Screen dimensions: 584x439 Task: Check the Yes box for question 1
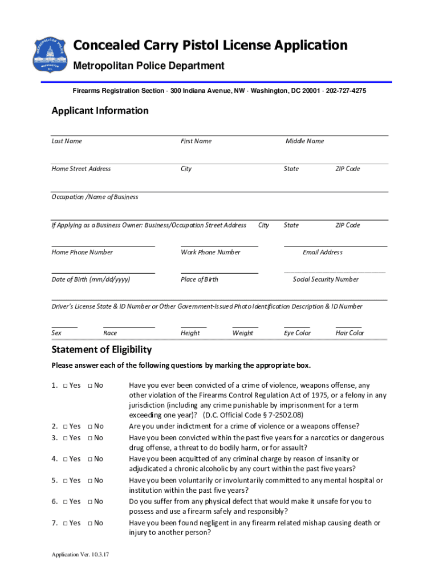tap(67, 386)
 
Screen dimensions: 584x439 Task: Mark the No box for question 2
tap(91, 426)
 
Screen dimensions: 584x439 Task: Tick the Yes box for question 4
tap(67, 459)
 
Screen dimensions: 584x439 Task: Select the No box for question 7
tap(91, 523)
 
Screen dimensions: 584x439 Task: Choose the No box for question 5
tap(91, 481)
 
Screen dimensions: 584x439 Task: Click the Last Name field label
tap(67, 141)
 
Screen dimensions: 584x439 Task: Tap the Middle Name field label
tap(304, 141)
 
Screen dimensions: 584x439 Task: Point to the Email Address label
tap(323, 252)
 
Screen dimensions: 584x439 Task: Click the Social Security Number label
tap(326, 279)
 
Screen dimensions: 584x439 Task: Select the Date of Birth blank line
tap(103, 273)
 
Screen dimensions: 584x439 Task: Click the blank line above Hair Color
tap(348, 327)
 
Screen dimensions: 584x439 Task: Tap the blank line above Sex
tap(64, 327)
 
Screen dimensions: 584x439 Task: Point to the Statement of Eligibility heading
tap(101, 350)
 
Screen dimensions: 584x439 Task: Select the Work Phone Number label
tap(210, 252)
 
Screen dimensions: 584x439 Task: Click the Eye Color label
tap(297, 333)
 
